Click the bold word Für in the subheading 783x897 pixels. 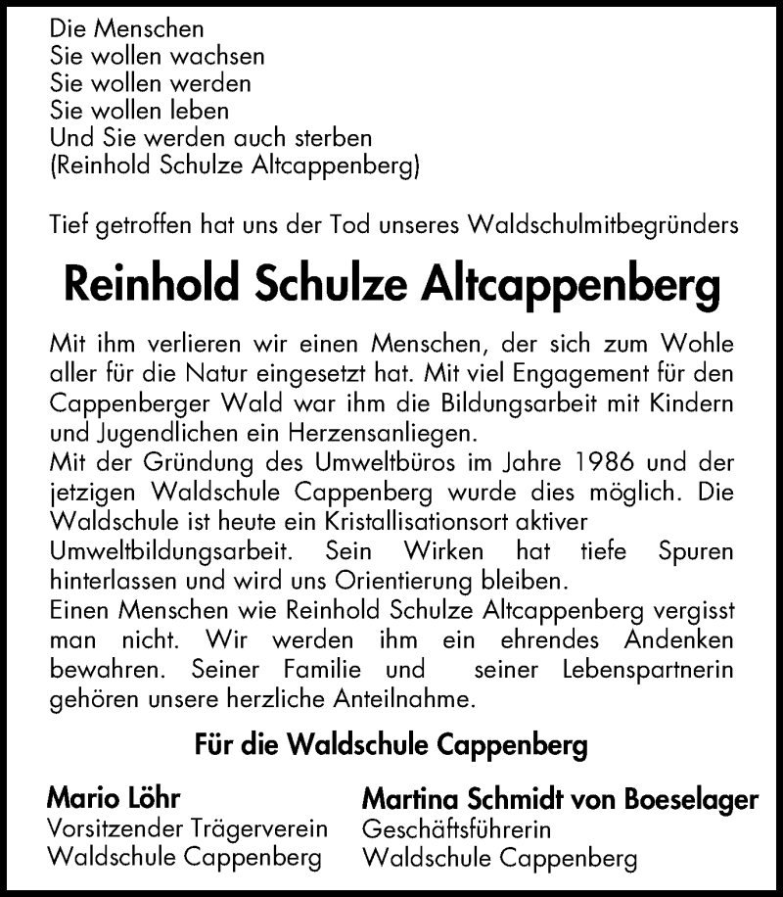pos(214,747)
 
